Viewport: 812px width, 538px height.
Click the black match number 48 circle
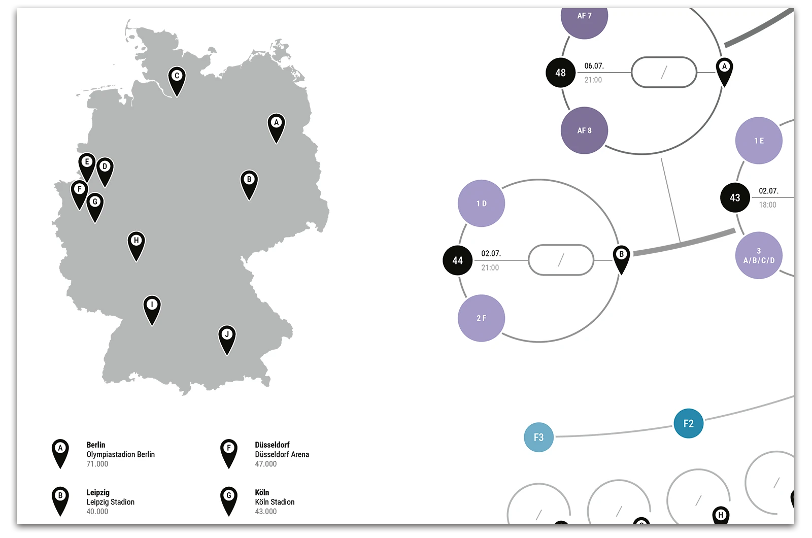point(560,73)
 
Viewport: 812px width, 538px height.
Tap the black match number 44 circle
point(457,260)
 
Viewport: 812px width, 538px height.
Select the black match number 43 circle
point(735,197)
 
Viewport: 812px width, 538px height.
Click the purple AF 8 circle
point(584,130)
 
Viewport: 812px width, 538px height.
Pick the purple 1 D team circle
point(481,204)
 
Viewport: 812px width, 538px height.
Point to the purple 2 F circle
point(481,318)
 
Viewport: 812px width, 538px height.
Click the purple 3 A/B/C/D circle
point(759,255)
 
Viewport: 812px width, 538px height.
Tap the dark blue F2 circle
point(688,423)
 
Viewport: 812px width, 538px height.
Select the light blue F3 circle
point(538,437)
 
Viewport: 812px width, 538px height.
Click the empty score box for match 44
point(561,260)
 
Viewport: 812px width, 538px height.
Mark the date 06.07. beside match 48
point(594,66)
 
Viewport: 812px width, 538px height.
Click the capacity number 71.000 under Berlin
point(97,464)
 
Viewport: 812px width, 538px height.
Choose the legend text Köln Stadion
point(275,502)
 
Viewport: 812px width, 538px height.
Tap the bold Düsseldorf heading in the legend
point(272,445)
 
